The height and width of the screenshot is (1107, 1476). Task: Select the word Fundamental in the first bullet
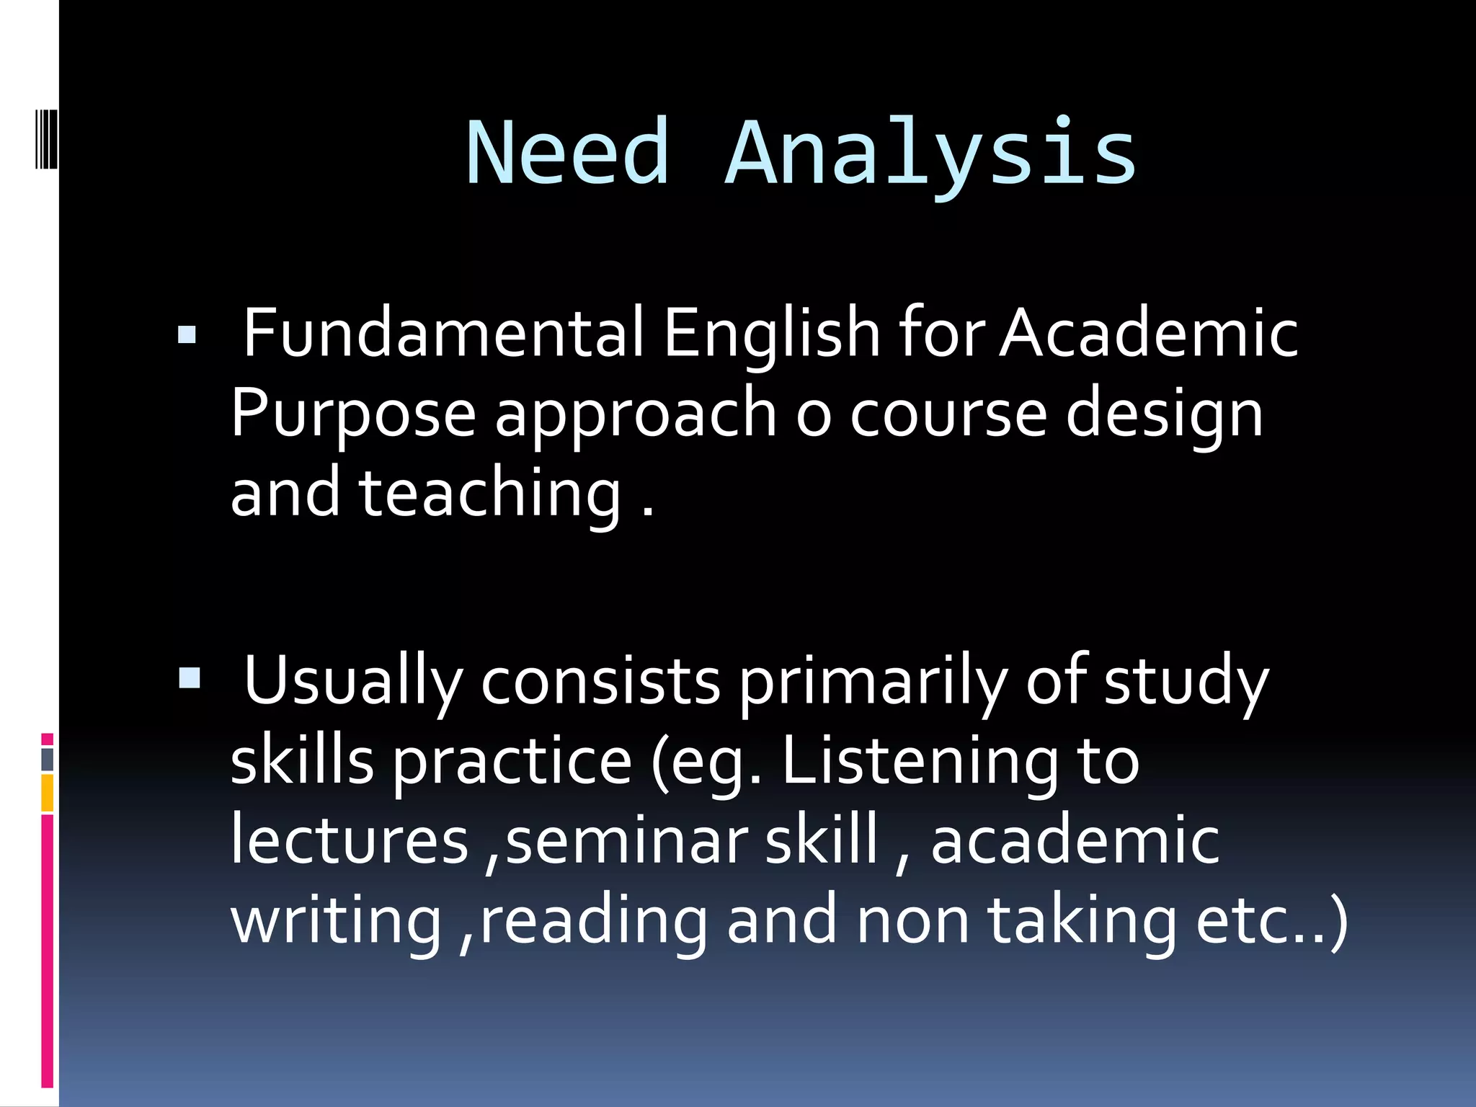coord(443,333)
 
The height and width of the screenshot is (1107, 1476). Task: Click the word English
coord(771,333)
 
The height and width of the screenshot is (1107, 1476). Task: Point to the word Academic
coord(1149,333)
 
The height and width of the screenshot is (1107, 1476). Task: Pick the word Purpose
coord(353,414)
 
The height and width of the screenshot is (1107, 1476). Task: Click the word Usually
coord(353,682)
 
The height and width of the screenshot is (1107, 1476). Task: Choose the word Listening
coord(920,763)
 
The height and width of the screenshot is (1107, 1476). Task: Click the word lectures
coord(350,840)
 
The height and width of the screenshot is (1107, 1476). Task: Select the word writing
coord(336,922)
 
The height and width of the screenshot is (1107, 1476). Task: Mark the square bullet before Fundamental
coord(187,335)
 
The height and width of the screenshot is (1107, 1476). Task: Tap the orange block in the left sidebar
coord(48,793)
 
